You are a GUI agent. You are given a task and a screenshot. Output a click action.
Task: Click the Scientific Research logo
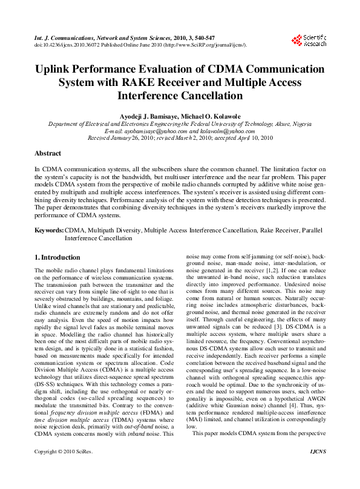[x=309, y=41]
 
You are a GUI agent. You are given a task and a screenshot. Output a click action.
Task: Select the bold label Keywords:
[x=49, y=231]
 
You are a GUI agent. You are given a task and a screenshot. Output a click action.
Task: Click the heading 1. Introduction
[x=57, y=258]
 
